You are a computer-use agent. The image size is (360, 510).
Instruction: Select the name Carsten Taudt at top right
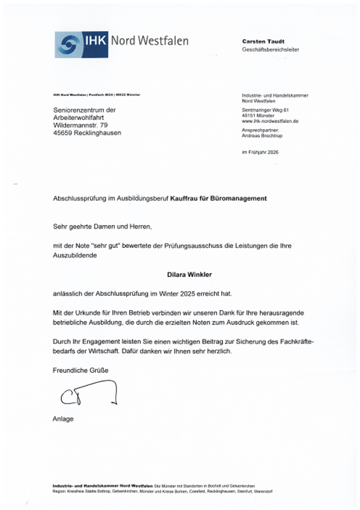263,41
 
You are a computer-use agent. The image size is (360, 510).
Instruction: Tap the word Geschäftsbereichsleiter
270,50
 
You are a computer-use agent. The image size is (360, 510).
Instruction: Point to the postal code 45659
63,133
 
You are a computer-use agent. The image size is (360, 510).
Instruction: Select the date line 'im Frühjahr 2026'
260,152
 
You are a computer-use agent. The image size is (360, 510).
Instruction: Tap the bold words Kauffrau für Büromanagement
218,197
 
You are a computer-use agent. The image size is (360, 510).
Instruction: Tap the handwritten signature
86,393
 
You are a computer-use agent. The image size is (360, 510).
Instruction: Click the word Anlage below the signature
63,419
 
